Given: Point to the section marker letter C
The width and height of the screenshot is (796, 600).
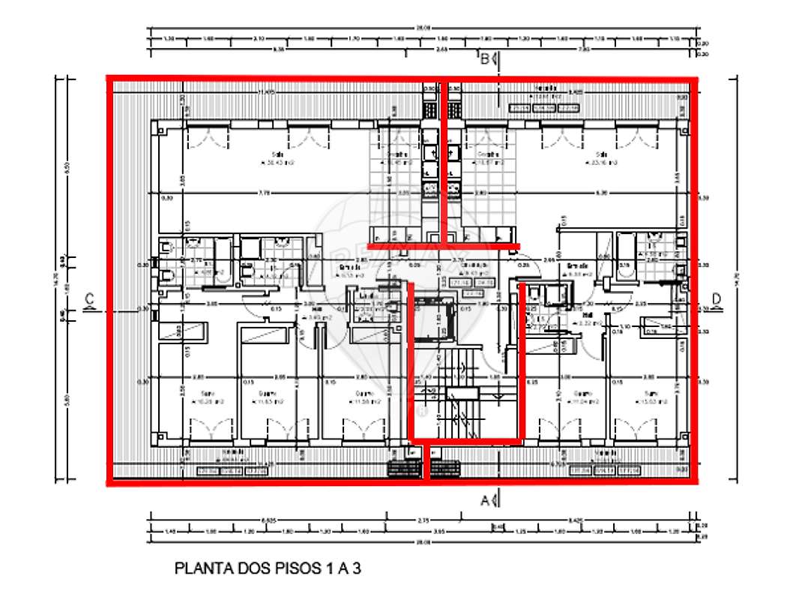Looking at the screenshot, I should coord(89,300).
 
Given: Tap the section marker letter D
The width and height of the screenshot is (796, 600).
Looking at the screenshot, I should coord(717,300).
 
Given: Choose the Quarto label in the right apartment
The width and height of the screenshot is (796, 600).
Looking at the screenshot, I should coord(583,394).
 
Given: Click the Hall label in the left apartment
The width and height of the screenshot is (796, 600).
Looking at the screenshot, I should coord(317,308).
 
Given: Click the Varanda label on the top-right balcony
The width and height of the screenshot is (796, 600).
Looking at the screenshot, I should coord(544,88).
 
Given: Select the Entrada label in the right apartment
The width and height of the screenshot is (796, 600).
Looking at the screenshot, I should coord(576,265).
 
